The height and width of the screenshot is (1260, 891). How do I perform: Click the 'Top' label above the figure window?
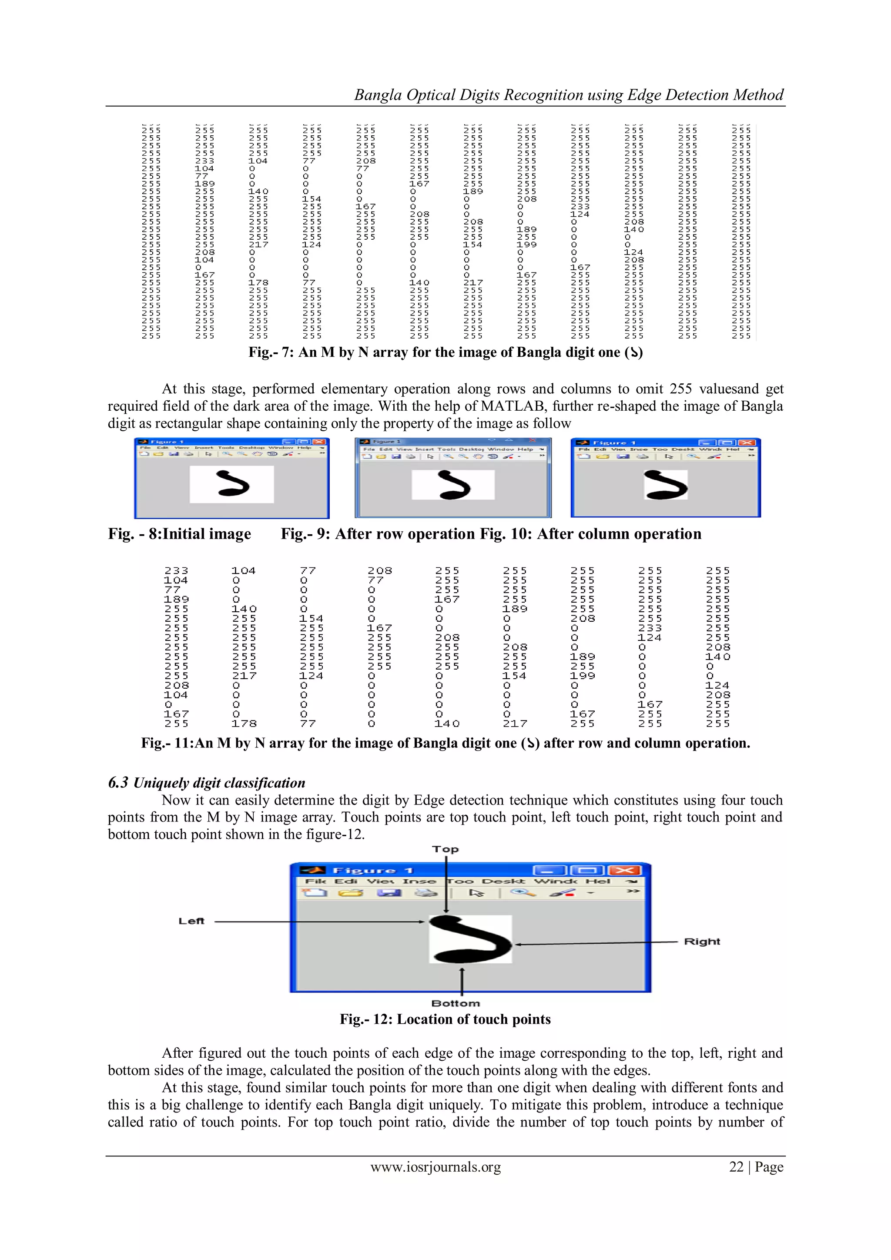coord(445,849)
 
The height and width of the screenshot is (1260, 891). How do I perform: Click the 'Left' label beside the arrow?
coord(191,921)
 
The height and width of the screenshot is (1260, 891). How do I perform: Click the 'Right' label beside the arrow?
coord(702,941)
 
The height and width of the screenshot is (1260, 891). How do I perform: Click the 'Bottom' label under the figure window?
coord(456,1003)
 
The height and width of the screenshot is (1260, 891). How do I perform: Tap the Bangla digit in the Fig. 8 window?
coord(233,483)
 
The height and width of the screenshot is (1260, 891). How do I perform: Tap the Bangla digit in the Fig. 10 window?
coord(666,485)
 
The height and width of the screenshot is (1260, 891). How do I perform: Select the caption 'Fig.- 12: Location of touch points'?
coord(445,1019)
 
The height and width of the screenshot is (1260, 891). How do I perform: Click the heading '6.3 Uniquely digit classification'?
coord(206,783)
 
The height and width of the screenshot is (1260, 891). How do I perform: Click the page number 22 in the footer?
coord(736,1167)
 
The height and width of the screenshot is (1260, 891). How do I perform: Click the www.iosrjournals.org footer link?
coord(435,1167)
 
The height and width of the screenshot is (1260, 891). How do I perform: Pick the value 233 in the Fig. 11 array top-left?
coord(176,571)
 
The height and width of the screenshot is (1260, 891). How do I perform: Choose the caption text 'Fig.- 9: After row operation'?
coord(378,534)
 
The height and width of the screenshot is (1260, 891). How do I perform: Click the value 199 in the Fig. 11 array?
coord(583,676)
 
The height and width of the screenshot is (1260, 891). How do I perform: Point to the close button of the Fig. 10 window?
coord(746,443)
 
